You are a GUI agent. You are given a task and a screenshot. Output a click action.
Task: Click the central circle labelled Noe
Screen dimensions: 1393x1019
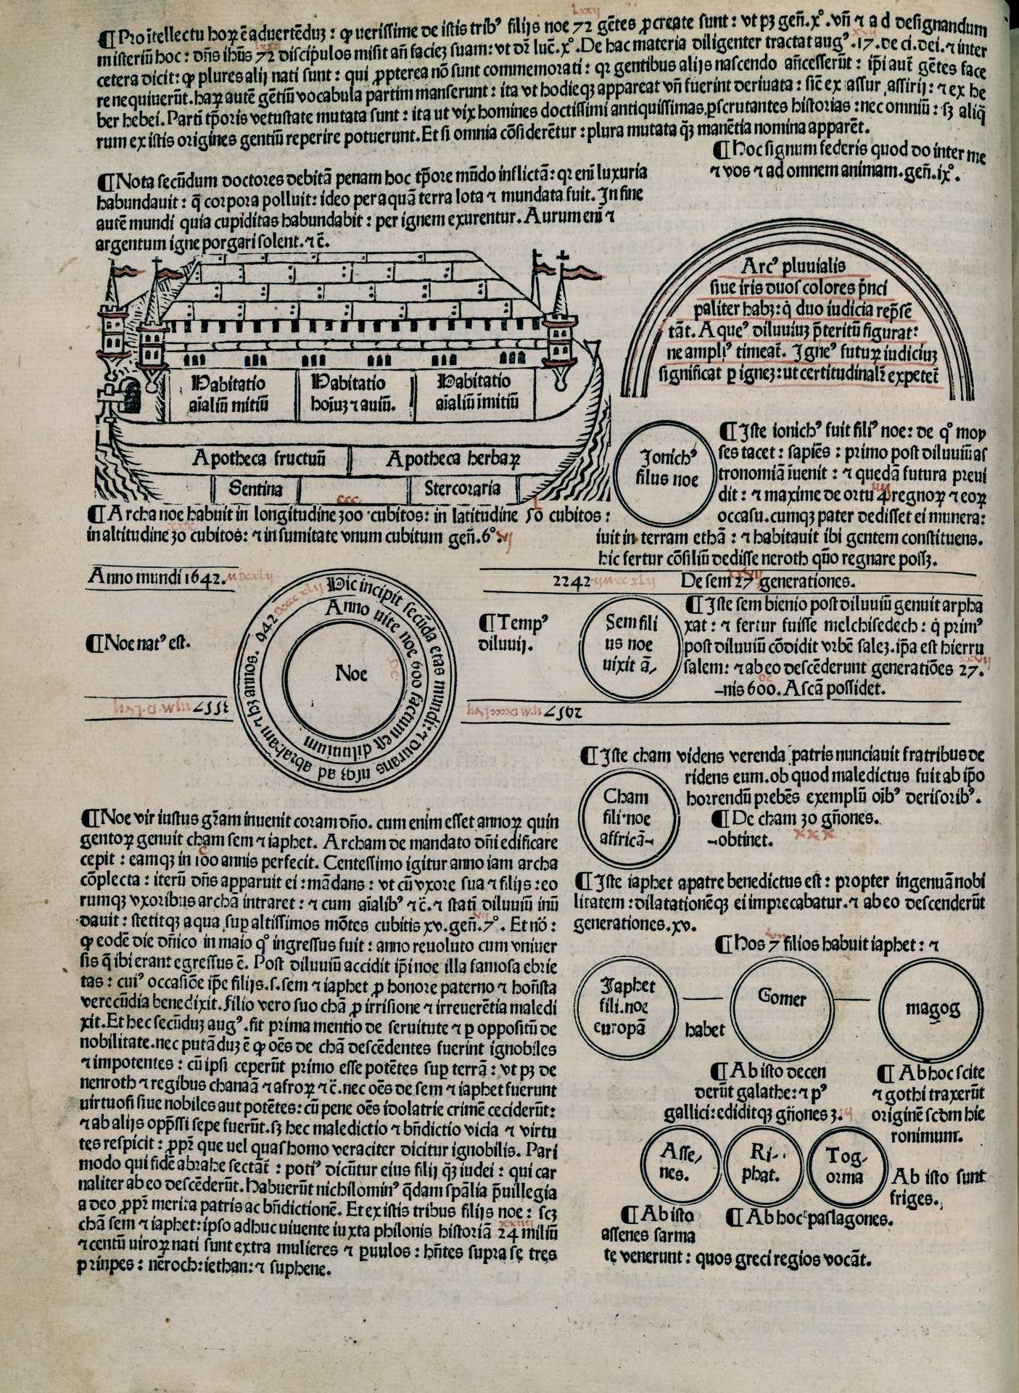(352, 674)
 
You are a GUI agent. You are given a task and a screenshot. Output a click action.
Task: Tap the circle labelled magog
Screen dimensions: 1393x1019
(933, 1008)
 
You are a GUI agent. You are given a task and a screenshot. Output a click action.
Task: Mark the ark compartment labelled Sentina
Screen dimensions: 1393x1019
(255, 488)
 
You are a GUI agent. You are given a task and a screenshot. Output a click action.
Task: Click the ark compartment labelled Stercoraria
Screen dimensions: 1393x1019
(462, 488)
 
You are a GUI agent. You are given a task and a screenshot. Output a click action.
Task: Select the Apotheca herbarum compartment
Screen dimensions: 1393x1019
(453, 459)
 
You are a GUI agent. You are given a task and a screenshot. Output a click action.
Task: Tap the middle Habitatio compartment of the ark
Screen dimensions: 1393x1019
(353, 393)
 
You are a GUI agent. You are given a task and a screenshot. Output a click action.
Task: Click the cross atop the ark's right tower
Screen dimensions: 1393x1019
(561, 257)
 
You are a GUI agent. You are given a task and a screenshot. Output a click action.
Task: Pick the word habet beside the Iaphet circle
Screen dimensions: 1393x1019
(705, 1030)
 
